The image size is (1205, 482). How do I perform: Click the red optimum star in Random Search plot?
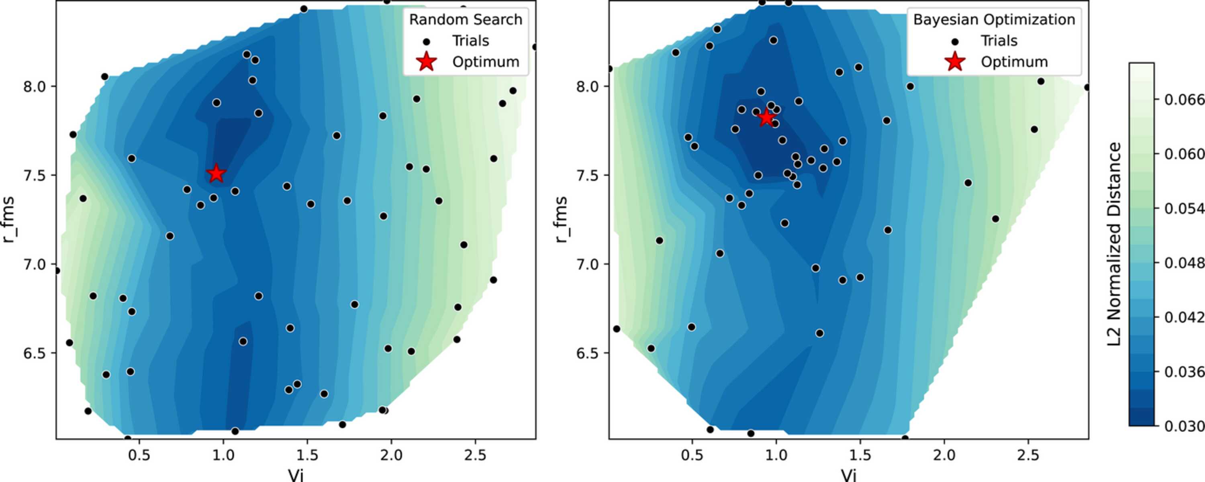[x=216, y=174]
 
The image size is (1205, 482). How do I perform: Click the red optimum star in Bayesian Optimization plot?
[x=766, y=118]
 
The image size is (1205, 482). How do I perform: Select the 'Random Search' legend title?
[x=466, y=20]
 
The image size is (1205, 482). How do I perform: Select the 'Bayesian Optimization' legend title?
[x=994, y=20]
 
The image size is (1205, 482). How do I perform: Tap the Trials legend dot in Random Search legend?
[x=426, y=41]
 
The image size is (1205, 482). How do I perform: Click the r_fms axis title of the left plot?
[x=8, y=220]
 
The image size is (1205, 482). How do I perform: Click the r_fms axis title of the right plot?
[x=562, y=220]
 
